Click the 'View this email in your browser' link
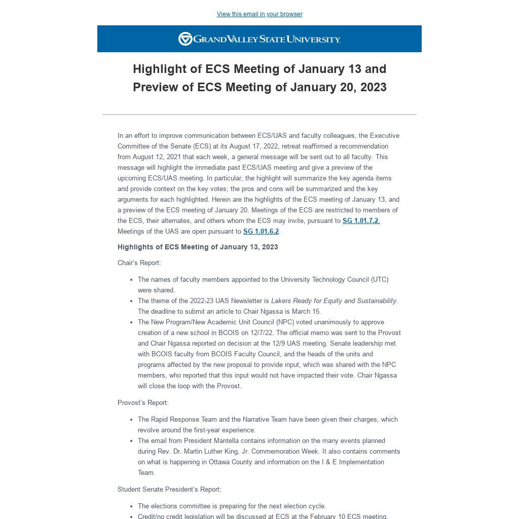tap(259, 14)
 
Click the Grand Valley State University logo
tap(259, 39)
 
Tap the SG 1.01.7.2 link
tap(361, 220)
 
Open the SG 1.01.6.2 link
tap(261, 231)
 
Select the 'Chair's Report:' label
tap(139, 263)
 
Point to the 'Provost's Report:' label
tap(143, 402)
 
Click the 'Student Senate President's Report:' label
tap(169, 489)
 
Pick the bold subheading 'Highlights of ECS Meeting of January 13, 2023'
tap(198, 247)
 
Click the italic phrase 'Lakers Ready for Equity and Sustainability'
tap(333, 301)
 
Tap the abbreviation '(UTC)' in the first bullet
tap(380, 279)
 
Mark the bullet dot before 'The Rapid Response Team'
tap(132, 420)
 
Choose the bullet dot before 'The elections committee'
tap(132, 506)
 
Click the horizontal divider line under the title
tap(259, 115)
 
